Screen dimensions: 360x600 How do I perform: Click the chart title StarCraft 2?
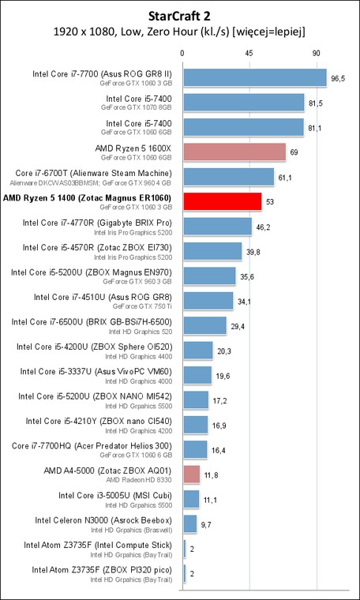[x=180, y=16]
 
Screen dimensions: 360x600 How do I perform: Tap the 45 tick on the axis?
[x=249, y=54]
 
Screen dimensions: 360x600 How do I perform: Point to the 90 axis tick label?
[x=316, y=54]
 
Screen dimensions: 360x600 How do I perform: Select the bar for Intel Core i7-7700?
[x=255, y=77]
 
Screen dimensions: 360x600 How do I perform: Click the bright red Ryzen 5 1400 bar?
[x=223, y=201]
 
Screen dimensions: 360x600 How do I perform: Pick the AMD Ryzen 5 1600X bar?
[x=235, y=152]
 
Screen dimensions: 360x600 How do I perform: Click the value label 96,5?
[x=338, y=79]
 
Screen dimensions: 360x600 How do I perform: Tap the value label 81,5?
[x=316, y=104]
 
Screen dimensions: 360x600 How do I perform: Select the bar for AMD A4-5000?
[x=192, y=474]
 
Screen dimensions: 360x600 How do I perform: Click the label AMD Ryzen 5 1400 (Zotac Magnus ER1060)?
[x=87, y=198]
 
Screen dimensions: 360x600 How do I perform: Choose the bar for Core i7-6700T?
[x=229, y=176]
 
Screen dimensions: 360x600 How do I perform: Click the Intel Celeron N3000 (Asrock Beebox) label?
[x=103, y=520]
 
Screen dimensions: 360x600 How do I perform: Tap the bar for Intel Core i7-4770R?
[x=218, y=226]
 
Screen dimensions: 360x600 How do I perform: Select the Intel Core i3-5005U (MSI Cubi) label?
[x=115, y=496]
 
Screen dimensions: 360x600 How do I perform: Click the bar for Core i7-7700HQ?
[x=196, y=449]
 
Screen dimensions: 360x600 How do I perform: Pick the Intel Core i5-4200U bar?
[x=198, y=350]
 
